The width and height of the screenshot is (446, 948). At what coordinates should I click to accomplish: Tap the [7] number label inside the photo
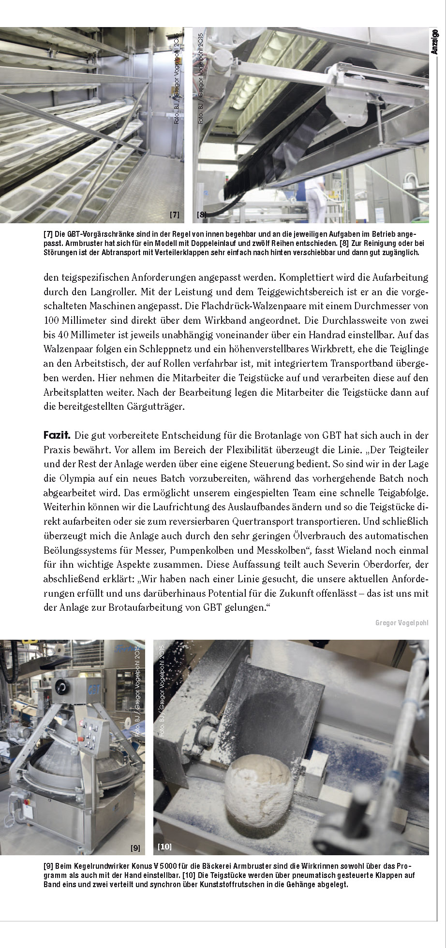coord(175,214)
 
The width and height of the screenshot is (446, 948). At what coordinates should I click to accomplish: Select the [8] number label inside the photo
coord(202,214)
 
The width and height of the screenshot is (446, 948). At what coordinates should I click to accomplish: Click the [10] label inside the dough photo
coord(164,847)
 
